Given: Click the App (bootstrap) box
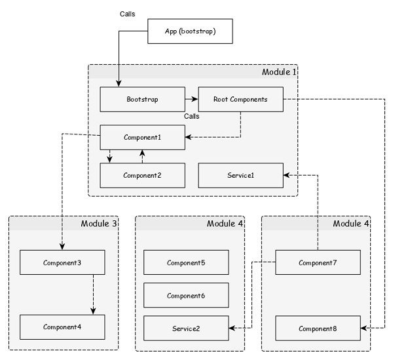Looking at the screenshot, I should pos(189,31).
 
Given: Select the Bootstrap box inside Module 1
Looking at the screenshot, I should pos(142,100).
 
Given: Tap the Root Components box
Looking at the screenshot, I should pos(241,100).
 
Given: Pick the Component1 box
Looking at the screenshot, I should pos(142,138).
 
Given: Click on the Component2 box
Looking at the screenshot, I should pos(142,175).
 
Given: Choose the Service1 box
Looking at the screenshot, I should pos(241,175).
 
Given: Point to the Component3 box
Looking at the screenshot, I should pos(62,262).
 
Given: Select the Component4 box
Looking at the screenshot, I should pos(62,327).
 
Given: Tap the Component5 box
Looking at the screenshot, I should pos(186,262).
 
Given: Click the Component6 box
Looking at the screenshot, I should pos(186,295).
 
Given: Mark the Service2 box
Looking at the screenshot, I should pos(186,327).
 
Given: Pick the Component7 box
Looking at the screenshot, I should pos(317,262).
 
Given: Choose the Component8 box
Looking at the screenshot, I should pos(317,327).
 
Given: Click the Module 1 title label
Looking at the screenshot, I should pos(278,71).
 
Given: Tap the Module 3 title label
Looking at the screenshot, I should pos(98,224).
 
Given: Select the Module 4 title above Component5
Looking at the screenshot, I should pos(225,224).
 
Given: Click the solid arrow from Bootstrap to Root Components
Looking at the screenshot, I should pos(191,100).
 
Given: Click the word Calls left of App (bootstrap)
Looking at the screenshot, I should pos(128,14).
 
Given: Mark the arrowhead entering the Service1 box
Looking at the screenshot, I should pos(288,175).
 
